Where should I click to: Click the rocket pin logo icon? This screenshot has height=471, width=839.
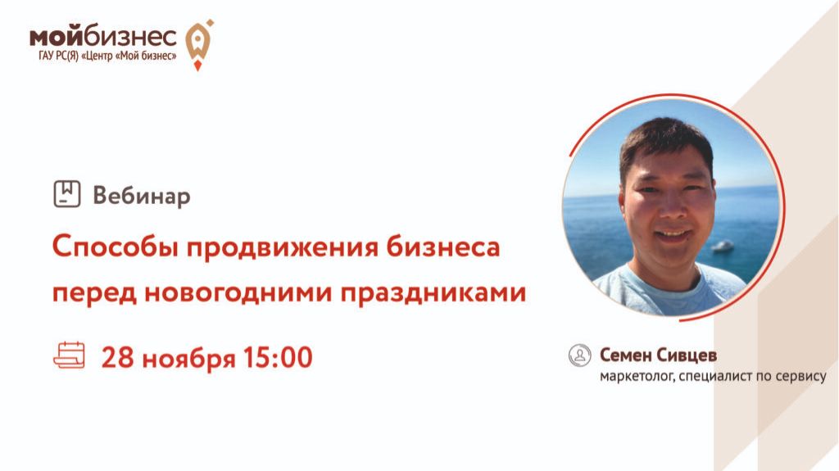point(197,43)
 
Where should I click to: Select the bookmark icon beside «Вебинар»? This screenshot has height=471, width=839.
point(66,194)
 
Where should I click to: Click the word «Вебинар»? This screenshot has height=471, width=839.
point(142,196)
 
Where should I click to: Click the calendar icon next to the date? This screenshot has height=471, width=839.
point(69,356)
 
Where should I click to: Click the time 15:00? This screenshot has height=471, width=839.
point(276,357)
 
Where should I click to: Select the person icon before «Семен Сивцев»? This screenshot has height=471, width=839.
point(580,355)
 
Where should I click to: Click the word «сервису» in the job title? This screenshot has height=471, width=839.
point(803,378)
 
